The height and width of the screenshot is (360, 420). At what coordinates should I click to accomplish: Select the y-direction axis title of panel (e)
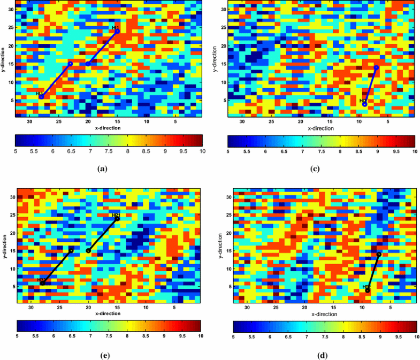tap(3, 246)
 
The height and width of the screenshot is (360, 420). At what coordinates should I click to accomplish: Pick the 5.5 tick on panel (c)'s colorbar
tap(247, 152)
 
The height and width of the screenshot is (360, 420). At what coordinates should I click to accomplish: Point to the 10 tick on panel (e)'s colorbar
tap(201, 337)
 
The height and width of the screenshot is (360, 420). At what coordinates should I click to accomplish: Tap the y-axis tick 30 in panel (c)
tap(223, 10)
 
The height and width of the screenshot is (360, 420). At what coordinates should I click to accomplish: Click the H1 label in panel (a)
tap(116, 27)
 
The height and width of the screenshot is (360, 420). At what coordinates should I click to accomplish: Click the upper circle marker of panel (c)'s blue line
tap(377, 67)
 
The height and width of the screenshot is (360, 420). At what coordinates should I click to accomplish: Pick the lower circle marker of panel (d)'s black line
tap(368, 290)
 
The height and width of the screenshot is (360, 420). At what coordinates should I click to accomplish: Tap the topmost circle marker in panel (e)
tap(117, 219)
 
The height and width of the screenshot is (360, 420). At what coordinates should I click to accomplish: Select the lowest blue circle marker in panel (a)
tap(41, 97)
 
